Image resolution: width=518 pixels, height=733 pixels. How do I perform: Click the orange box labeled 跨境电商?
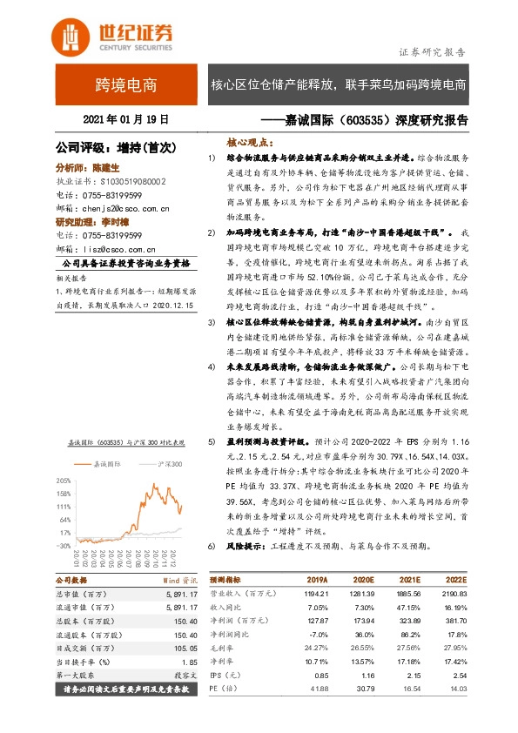coord(126,84)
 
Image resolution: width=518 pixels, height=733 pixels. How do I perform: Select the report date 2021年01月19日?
coord(125,118)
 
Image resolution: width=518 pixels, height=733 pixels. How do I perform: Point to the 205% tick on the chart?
coord(63,480)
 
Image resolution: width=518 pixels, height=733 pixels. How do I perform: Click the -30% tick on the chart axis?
coord(63,545)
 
